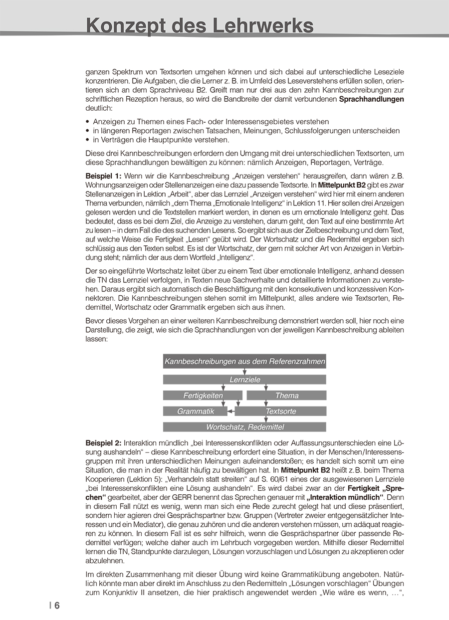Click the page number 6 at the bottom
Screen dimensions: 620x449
[x=57, y=606]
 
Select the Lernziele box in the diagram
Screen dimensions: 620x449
[x=244, y=380]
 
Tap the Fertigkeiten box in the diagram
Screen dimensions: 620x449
[x=203, y=396]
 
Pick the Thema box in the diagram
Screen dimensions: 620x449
[x=286, y=396]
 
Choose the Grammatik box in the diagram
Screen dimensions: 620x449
[x=195, y=412]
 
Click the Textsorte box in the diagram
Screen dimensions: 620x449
[x=280, y=412]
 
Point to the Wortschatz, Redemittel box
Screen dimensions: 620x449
[x=244, y=427]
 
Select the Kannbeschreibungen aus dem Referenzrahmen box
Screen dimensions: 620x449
[x=244, y=361]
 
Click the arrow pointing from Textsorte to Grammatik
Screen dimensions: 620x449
[x=231, y=412]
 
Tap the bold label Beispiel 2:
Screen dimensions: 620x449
[x=103, y=442]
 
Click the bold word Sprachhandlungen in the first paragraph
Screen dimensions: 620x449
[x=371, y=99]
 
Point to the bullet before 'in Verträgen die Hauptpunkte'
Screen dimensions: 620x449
[x=88, y=140]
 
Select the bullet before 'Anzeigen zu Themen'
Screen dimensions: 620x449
[x=88, y=122]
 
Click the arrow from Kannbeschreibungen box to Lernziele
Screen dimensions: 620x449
[x=244, y=372]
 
